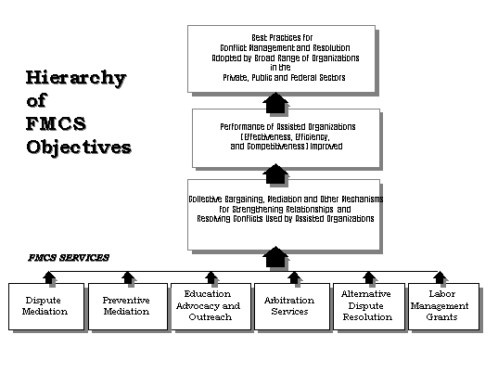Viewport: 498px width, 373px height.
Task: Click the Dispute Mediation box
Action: click(x=46, y=306)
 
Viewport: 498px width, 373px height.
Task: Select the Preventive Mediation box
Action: click(x=128, y=306)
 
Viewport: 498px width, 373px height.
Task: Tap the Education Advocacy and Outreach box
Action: click(x=211, y=306)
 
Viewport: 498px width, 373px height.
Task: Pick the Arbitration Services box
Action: click(x=292, y=306)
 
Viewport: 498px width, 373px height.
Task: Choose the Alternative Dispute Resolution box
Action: click(x=369, y=306)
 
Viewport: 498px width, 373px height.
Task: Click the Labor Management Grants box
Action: click(x=443, y=306)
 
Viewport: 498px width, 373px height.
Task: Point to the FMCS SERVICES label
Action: click(x=69, y=257)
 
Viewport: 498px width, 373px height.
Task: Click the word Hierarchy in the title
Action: click(x=76, y=78)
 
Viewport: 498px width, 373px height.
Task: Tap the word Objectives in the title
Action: click(x=79, y=148)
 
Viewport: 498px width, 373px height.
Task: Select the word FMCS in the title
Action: click(x=56, y=123)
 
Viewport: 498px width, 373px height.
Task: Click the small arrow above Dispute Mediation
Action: click(x=48, y=277)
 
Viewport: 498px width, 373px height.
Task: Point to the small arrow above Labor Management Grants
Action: click(x=441, y=277)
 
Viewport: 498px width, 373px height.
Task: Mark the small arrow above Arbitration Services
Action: click(x=294, y=277)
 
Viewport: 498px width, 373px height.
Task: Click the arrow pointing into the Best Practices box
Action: click(x=275, y=102)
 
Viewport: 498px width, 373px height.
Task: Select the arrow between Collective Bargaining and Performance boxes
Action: click(x=275, y=174)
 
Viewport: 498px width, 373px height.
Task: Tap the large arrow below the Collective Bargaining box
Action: click(x=275, y=257)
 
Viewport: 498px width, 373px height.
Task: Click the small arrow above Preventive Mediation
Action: click(x=128, y=277)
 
